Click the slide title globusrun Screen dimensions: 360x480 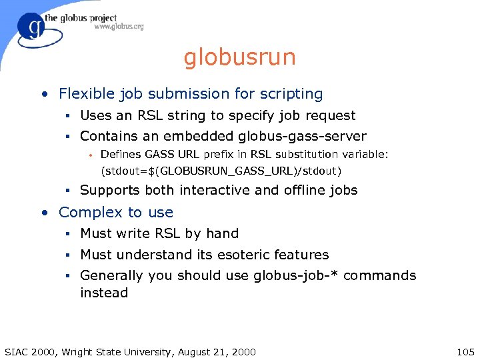coord(239,57)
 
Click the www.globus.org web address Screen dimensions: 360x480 coord(119,27)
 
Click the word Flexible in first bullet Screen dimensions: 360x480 coord(86,94)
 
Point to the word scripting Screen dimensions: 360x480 coord(290,94)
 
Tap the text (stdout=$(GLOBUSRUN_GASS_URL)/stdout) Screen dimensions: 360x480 coord(221,171)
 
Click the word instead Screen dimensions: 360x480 coord(104,293)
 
